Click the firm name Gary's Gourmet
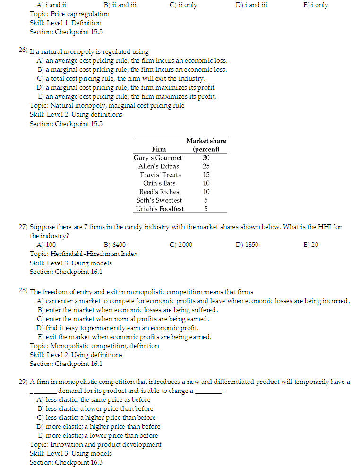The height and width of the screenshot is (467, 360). tap(157, 158)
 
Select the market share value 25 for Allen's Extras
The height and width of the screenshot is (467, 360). tap(206, 166)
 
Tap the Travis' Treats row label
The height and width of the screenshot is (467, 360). tap(160, 175)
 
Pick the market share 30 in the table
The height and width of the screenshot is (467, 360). tap(206, 158)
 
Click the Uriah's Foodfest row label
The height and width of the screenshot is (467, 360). tap(160, 209)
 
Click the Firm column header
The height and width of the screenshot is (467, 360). tap(159, 149)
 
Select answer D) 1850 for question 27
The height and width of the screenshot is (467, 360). tap(247, 245)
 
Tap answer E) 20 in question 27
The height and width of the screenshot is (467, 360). tap(310, 245)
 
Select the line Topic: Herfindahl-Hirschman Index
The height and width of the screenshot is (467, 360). tap(84, 254)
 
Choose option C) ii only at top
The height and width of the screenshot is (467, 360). tap(183, 5)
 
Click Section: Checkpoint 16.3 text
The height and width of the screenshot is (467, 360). tap(66, 462)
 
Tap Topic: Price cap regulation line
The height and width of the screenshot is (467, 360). tap(69, 14)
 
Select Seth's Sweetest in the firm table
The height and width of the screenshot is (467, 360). tap(159, 200)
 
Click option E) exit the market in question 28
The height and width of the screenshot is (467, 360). tap(124, 337)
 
